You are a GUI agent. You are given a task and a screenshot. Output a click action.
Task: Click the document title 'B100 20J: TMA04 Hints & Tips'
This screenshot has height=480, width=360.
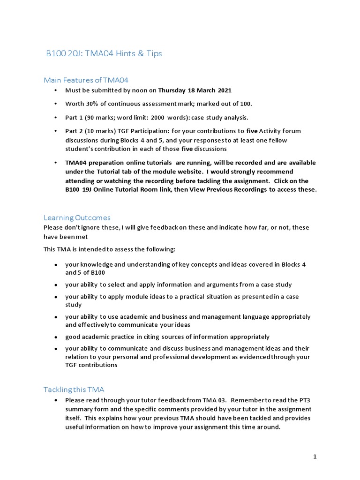point(104,53)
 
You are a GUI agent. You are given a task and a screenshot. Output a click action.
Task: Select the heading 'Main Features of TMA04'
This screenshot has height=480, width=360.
point(86,80)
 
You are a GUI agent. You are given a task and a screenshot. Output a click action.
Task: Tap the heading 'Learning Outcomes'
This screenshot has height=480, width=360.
point(77,217)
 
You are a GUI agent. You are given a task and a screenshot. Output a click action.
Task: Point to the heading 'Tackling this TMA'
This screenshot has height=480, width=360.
point(74,390)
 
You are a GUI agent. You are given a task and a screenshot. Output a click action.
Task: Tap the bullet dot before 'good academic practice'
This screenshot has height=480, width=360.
point(56,337)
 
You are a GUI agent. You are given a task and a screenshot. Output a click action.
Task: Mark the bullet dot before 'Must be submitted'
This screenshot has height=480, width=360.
point(56,90)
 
